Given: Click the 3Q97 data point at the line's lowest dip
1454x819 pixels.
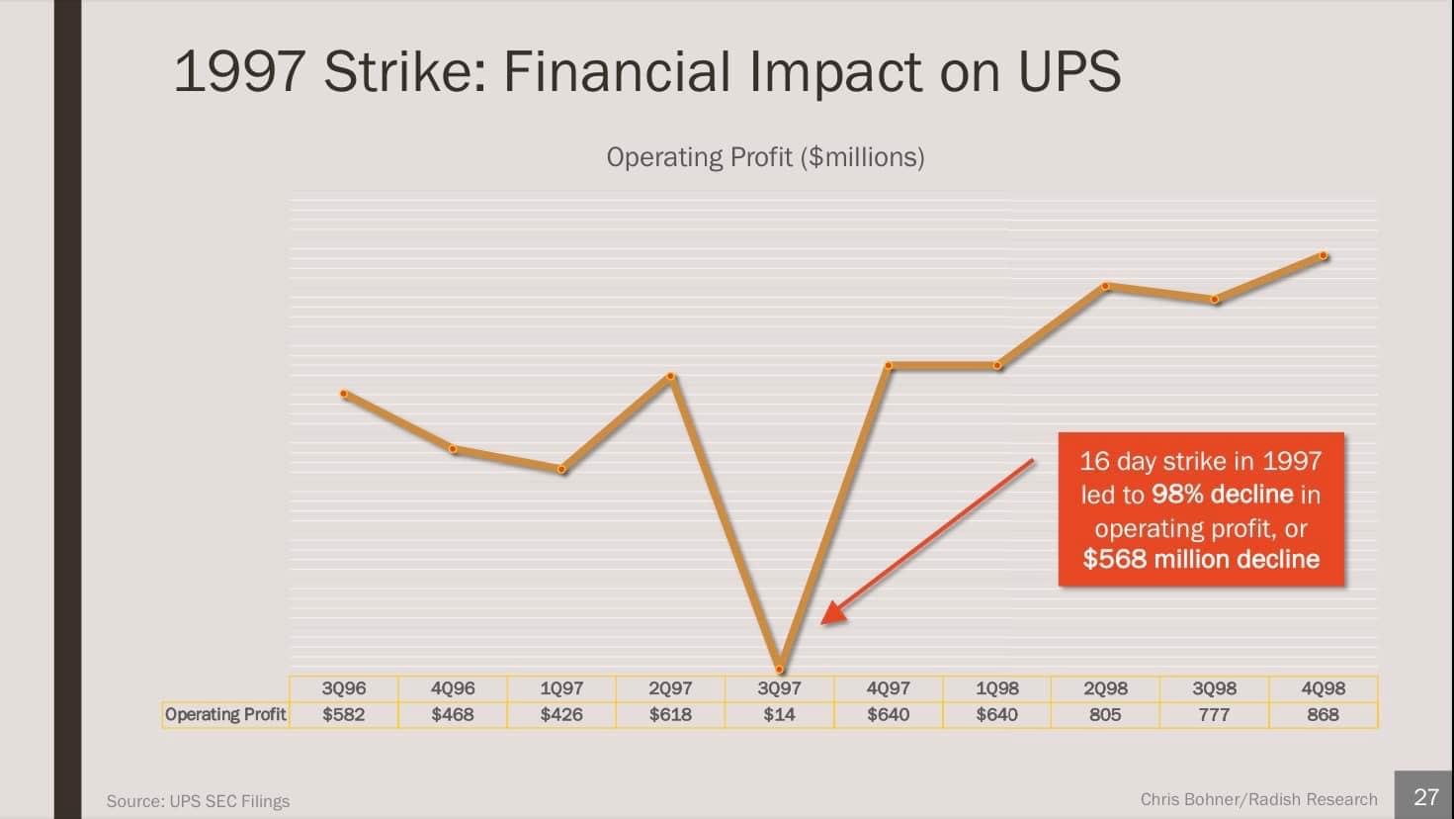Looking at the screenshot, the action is pyautogui.click(x=780, y=669).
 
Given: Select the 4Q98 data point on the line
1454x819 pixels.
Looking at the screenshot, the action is pyautogui.click(x=1323, y=256).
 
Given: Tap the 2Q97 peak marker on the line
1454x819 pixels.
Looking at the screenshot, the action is pyautogui.click(x=670, y=376).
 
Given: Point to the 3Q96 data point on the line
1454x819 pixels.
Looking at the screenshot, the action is pyautogui.click(x=344, y=395).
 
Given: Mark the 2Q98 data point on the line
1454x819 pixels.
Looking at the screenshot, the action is pyautogui.click(x=1105, y=287).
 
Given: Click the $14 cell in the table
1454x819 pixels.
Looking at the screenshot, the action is pyautogui.click(x=779, y=714).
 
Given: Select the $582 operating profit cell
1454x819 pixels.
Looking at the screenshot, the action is pyautogui.click(x=343, y=714).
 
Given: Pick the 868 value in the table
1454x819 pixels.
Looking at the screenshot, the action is pyautogui.click(x=1323, y=714).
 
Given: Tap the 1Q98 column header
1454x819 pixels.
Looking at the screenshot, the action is pyautogui.click(x=997, y=688).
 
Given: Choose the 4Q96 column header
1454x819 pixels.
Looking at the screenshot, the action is pyautogui.click(x=453, y=688).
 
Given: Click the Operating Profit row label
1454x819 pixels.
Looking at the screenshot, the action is pyautogui.click(x=225, y=714).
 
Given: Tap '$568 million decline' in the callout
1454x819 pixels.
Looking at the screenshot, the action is pyautogui.click(x=1201, y=559).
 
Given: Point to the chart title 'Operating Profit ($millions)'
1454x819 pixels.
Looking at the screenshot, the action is pyautogui.click(x=765, y=157).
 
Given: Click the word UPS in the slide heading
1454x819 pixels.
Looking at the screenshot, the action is pyautogui.click(x=1069, y=71).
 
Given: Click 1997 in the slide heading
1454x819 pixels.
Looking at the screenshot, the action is pyautogui.click(x=239, y=71).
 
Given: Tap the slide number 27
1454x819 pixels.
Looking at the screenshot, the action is pyautogui.click(x=1426, y=797).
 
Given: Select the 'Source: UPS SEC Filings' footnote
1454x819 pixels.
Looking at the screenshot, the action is pyautogui.click(x=198, y=801).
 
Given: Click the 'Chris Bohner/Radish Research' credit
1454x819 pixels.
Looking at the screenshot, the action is pyautogui.click(x=1258, y=799).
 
